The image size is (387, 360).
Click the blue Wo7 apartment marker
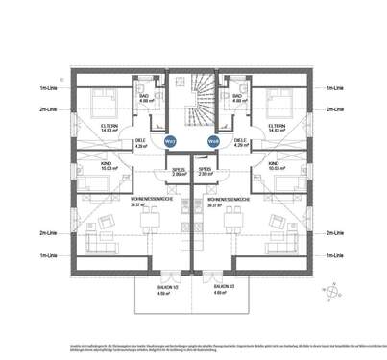169,141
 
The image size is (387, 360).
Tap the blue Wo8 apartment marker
213,141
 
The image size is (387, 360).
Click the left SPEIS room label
179,170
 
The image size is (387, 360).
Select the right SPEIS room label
205,170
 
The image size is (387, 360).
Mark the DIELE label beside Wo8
240,140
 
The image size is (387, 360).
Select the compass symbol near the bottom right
331,291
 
